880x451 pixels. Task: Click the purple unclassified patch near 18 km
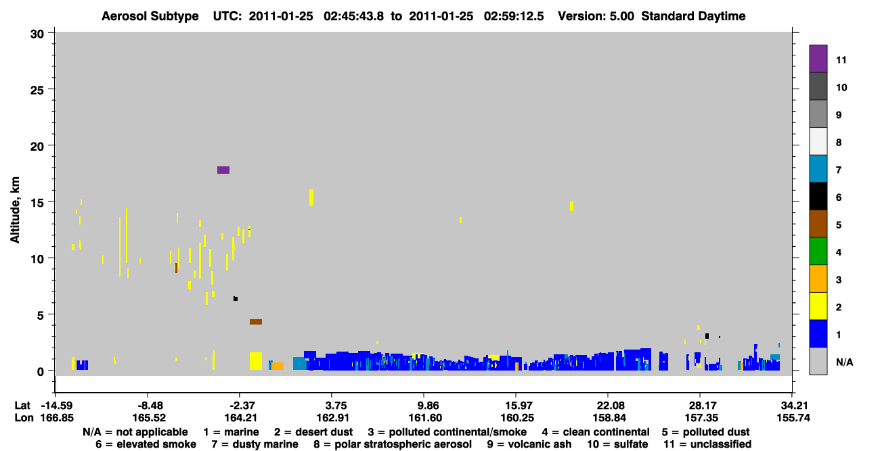[223, 170]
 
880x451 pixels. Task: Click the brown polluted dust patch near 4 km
[256, 322]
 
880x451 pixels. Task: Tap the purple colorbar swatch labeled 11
[818, 58]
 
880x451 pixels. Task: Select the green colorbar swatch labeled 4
[818, 252]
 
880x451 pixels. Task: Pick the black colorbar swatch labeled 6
[818, 196]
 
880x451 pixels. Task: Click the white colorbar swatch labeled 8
[818, 141]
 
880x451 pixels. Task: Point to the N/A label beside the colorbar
[844, 362]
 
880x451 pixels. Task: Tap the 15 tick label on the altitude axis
[37, 203]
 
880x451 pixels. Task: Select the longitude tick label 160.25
[517, 418]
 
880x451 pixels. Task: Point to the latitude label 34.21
[793, 406]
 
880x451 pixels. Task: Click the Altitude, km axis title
[15, 210]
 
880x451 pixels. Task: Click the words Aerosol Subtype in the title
[150, 16]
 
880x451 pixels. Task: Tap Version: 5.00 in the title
[596, 16]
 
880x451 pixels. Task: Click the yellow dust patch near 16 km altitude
[311, 197]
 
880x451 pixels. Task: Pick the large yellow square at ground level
[256, 361]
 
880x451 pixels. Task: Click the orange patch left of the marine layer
[278, 366]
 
